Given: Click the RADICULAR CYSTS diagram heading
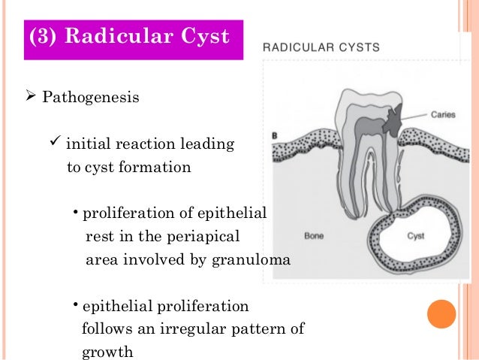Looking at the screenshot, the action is [x=321, y=47].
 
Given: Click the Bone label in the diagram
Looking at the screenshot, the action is [x=314, y=236].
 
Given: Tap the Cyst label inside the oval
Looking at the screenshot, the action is [x=416, y=236].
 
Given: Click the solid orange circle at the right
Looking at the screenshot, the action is [x=441, y=312].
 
